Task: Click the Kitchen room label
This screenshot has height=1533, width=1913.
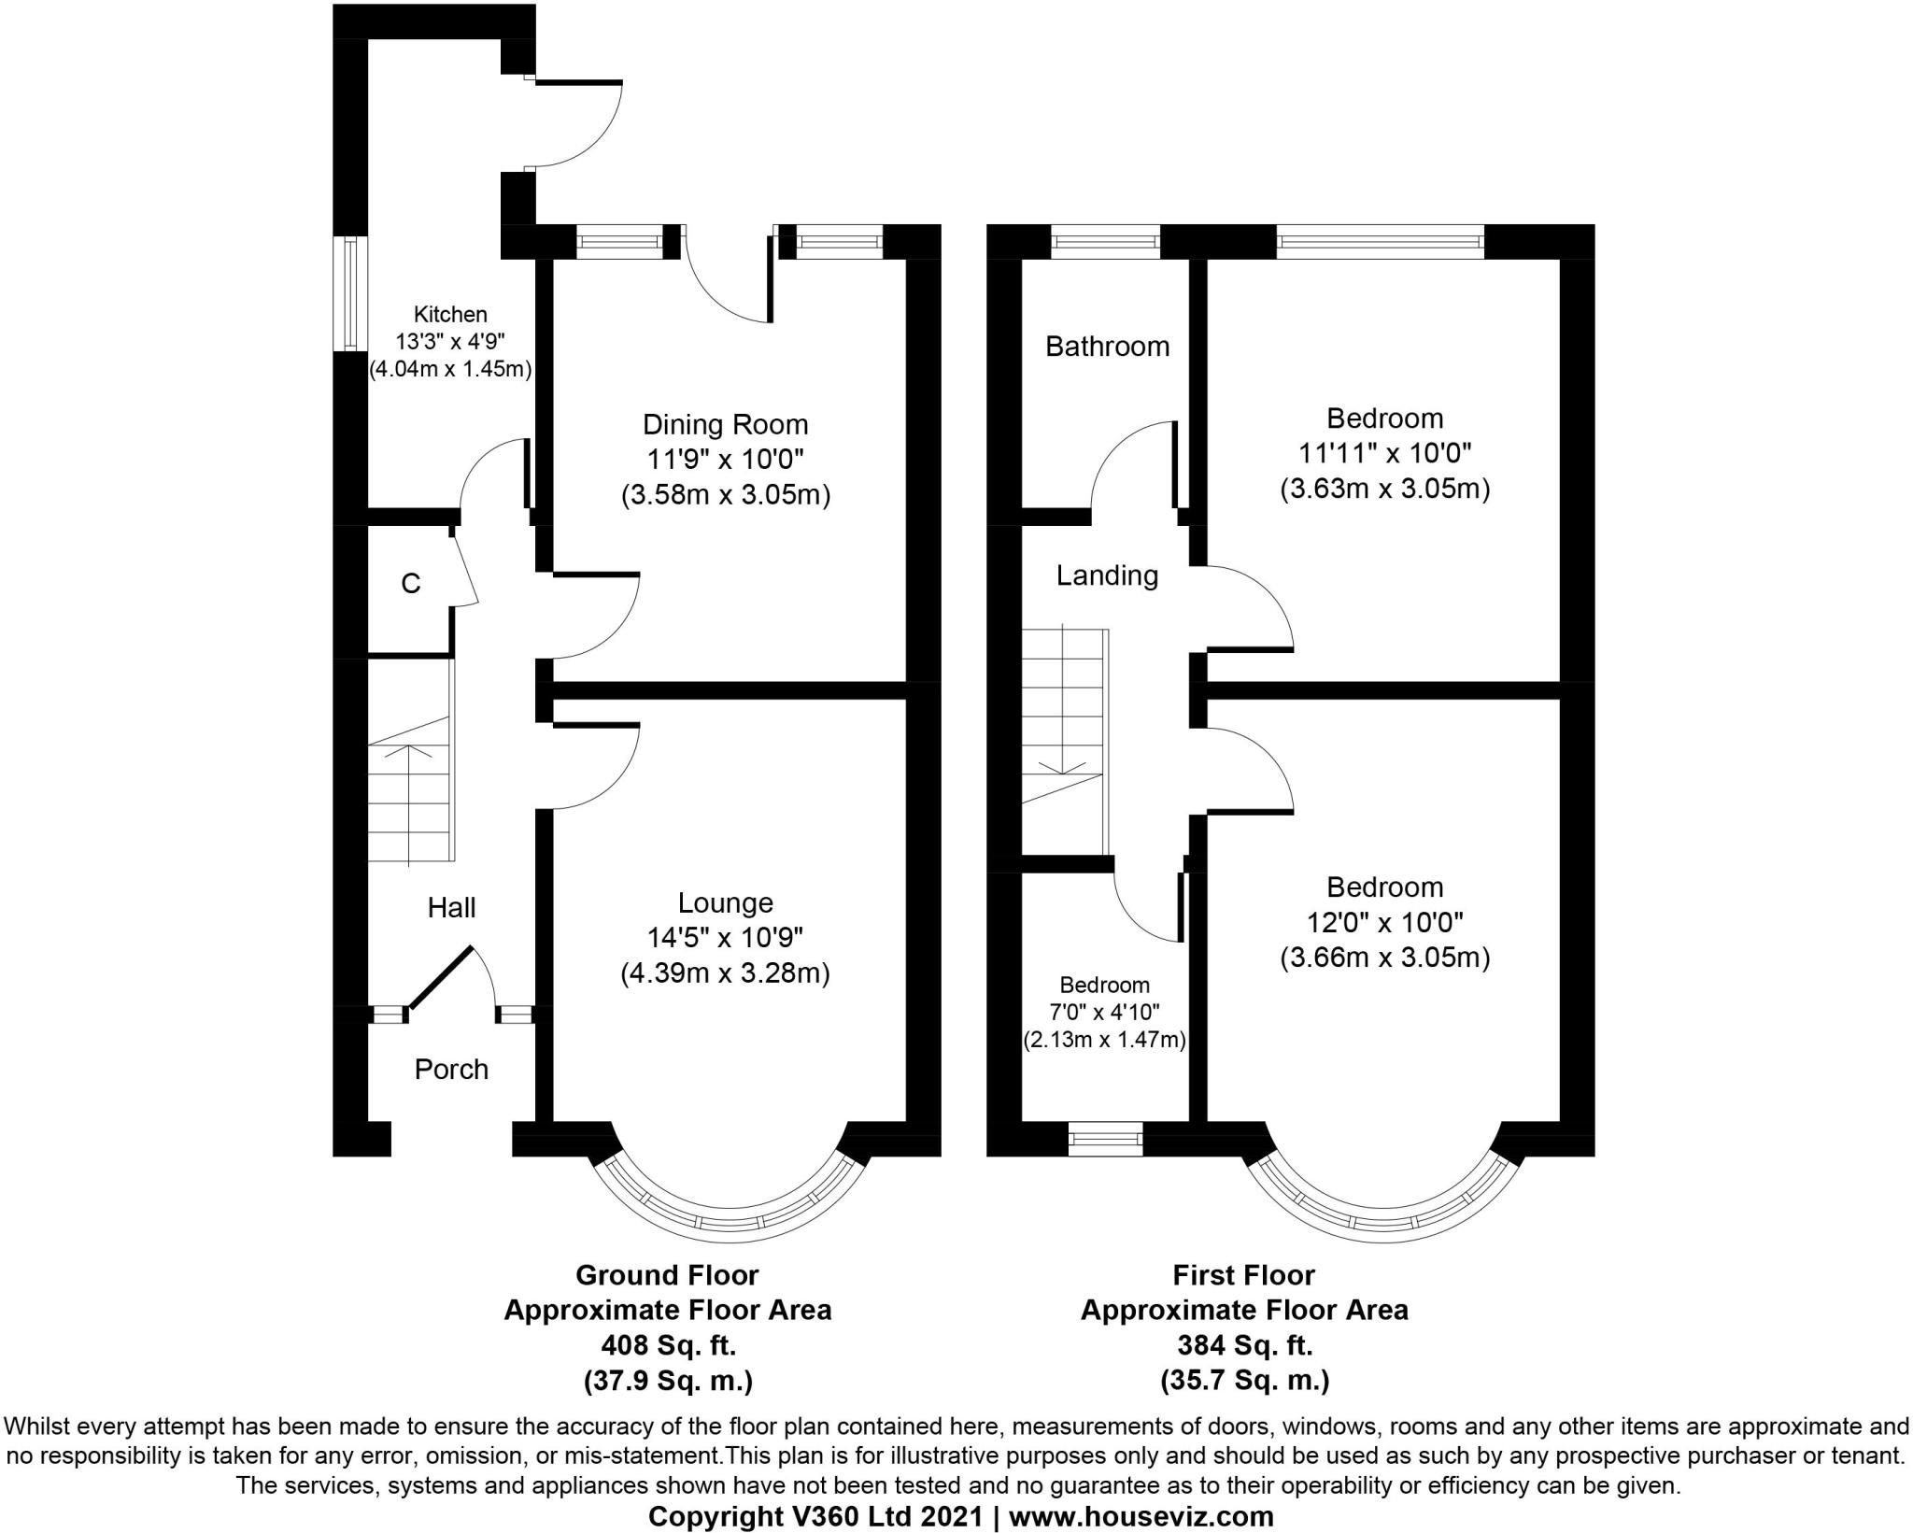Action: point(450,315)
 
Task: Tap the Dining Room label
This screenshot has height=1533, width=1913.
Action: point(725,425)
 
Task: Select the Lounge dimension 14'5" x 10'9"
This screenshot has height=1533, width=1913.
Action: point(725,938)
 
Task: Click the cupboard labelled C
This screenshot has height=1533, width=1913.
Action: point(410,584)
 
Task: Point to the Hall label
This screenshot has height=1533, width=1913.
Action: point(451,907)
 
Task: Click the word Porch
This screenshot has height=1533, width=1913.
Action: point(451,1069)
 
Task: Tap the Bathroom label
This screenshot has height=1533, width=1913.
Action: point(1107,347)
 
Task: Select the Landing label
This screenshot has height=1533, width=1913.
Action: point(1107,575)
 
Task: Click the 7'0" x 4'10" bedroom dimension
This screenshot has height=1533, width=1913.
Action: point(1104,1011)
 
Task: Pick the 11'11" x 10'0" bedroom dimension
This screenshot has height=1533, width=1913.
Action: point(1384,454)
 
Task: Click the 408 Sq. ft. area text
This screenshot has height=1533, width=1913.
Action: point(667,1345)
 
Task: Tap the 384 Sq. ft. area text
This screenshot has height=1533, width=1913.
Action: point(1243,1345)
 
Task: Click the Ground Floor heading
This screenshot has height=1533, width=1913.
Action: point(667,1275)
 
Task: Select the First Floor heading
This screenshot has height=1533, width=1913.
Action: point(1243,1275)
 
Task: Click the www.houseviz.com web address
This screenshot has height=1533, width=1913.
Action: point(1141,1515)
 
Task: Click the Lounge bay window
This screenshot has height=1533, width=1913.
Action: point(730,1220)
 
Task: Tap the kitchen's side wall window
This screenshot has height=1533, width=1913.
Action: point(350,293)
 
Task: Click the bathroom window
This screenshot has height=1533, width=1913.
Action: point(1106,243)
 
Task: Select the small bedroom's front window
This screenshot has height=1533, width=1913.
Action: point(1105,1139)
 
